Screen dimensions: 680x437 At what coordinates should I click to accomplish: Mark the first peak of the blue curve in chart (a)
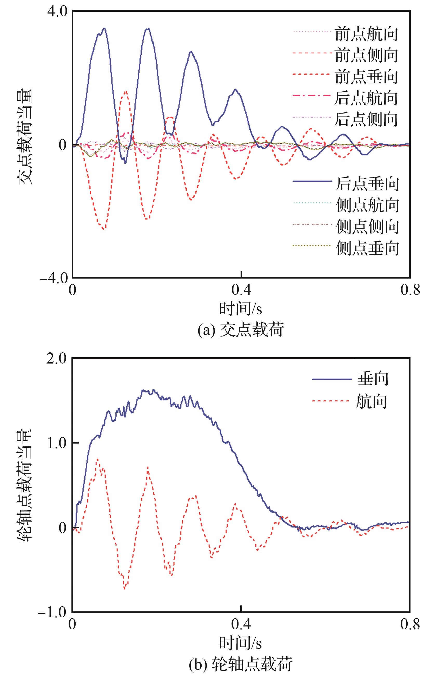[104, 28]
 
